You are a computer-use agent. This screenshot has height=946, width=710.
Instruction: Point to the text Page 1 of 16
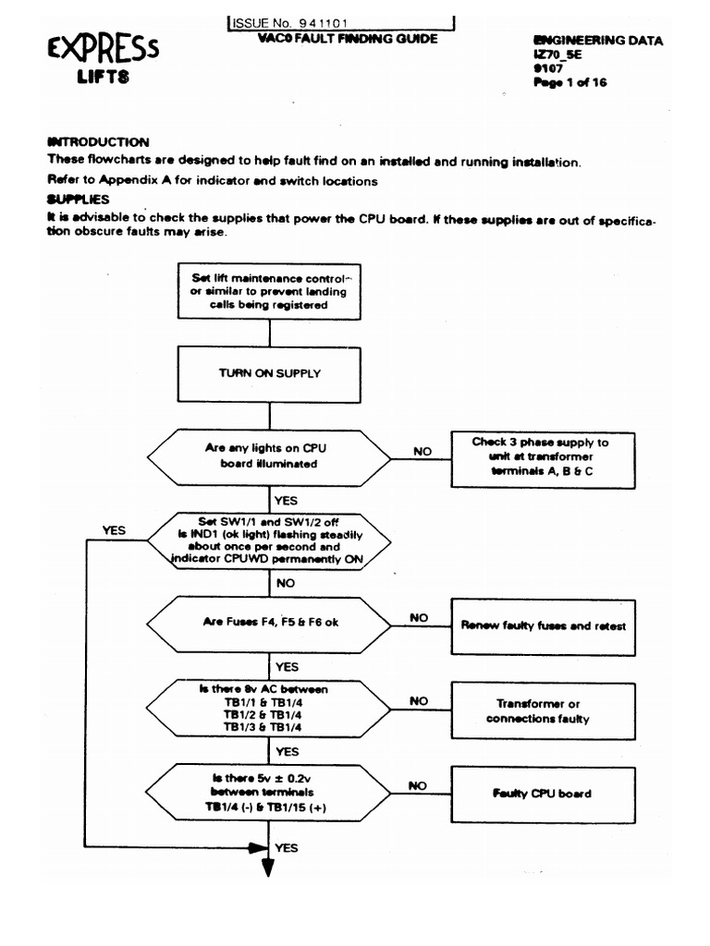click(x=569, y=82)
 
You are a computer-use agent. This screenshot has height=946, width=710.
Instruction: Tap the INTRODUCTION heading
click(x=97, y=142)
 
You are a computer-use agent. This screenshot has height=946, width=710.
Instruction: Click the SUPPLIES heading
click(x=78, y=199)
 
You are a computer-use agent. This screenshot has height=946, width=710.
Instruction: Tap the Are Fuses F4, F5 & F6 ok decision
click(x=271, y=623)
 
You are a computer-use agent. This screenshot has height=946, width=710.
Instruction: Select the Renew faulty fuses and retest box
click(x=543, y=625)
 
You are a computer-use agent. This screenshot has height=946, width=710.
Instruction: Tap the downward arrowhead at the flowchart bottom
click(x=269, y=866)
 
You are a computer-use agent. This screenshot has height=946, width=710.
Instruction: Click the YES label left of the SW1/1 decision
click(x=115, y=531)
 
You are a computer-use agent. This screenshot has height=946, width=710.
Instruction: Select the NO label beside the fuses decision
click(x=419, y=616)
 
